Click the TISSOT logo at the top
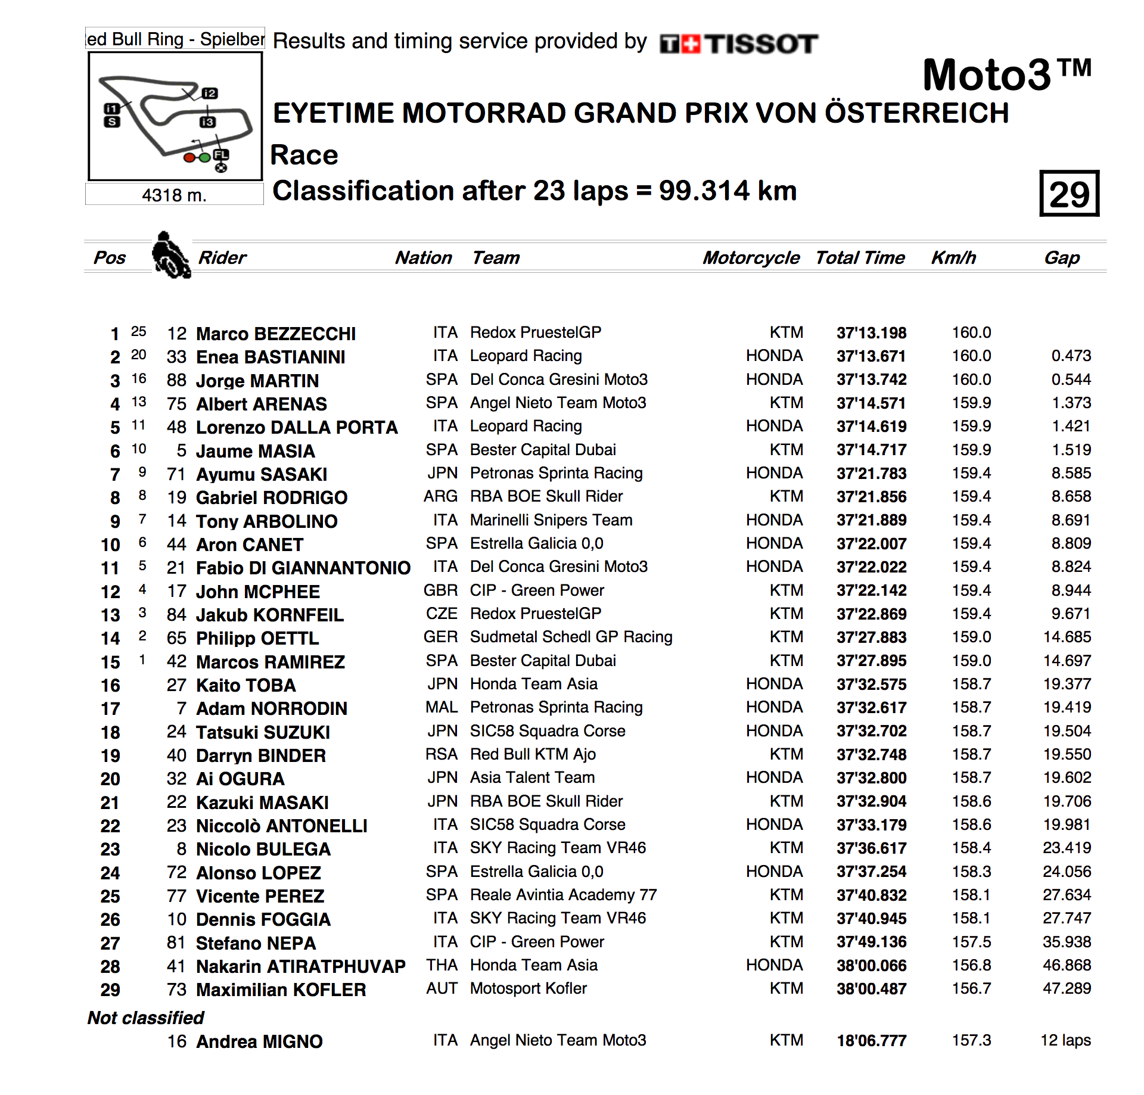pos(739,44)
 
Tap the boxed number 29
pos(1069,194)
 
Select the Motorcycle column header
pos(751,257)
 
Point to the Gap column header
pos(1062,257)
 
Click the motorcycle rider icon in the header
pos(170,255)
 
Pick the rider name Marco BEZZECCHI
pos(276,334)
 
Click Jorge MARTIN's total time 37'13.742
pos(871,379)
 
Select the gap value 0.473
pos(1071,356)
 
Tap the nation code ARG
pos(440,496)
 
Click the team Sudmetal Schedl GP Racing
pos(571,637)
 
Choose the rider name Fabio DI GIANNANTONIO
pos(303,568)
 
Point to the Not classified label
pos(145,1018)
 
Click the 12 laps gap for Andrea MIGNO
pos(1065,1040)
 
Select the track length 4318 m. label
pos(174,195)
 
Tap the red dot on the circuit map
pos(189,158)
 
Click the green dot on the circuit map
pos(204,158)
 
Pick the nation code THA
pos(442,965)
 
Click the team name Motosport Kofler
pos(528,988)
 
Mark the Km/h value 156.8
pos(971,965)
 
